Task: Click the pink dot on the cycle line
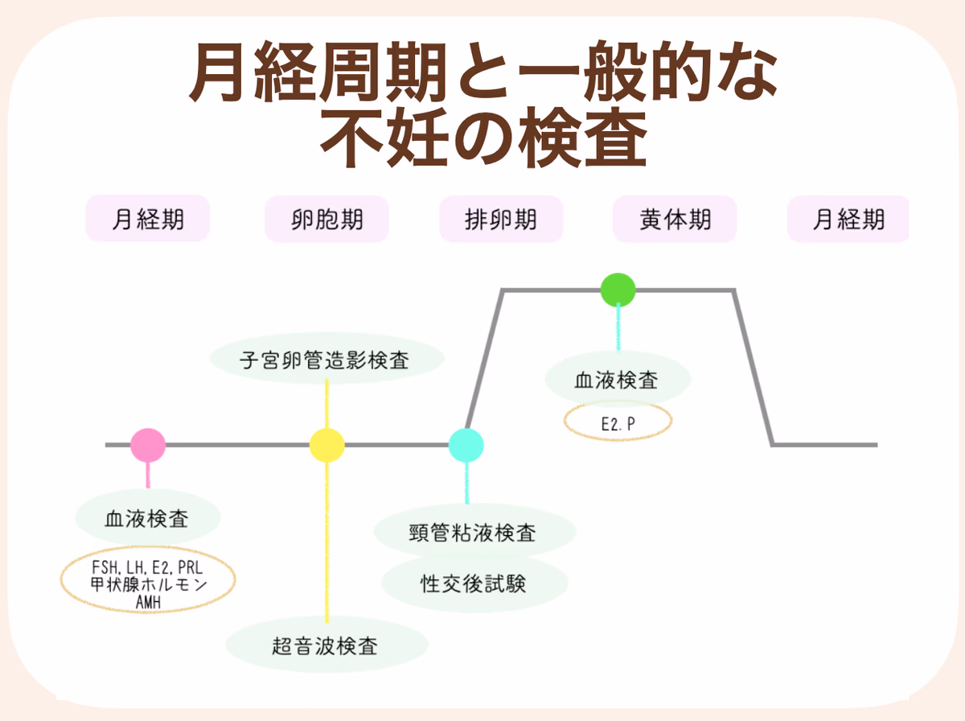pyautogui.click(x=148, y=445)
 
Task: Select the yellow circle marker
pyautogui.click(x=327, y=445)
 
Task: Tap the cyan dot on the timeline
pyautogui.click(x=466, y=445)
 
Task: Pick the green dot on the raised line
pyautogui.click(x=618, y=290)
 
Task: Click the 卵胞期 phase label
pyautogui.click(x=326, y=219)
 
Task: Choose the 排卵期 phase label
pyautogui.click(x=501, y=219)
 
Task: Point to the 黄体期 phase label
pyautogui.click(x=675, y=219)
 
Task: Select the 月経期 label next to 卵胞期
pyautogui.click(x=147, y=219)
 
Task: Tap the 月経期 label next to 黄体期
pyautogui.click(x=848, y=219)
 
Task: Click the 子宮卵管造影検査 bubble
pyautogui.click(x=326, y=360)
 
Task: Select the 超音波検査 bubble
pyautogui.click(x=326, y=645)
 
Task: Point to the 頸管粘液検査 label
pyautogui.click(x=474, y=532)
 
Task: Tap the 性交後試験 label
pyautogui.click(x=474, y=583)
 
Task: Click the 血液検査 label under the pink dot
pyautogui.click(x=147, y=518)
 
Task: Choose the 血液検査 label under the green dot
pyautogui.click(x=618, y=379)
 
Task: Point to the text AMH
pyautogui.click(x=147, y=600)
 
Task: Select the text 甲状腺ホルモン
pyautogui.click(x=147, y=584)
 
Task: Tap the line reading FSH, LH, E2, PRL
pyautogui.click(x=147, y=568)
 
